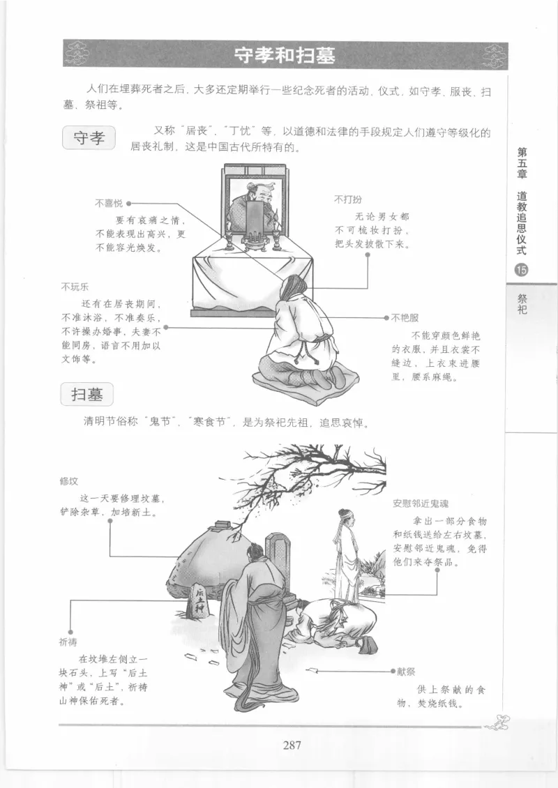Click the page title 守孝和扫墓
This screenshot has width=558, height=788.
(x=285, y=55)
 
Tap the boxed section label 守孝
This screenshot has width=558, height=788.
(x=89, y=137)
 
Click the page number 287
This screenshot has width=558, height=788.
(x=292, y=745)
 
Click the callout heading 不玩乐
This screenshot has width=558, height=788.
(x=75, y=287)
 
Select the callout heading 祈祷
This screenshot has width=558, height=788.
(x=69, y=641)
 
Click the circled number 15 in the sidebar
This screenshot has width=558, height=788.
(x=521, y=271)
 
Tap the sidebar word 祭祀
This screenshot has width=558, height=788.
(x=522, y=304)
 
